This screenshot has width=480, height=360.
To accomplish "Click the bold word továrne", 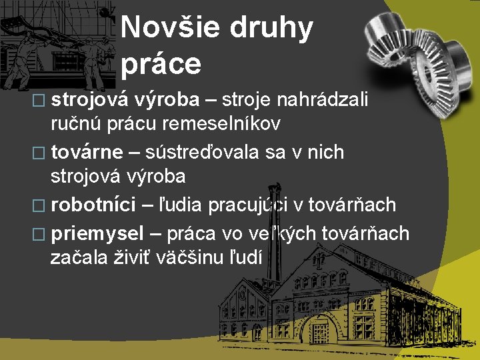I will [87, 152].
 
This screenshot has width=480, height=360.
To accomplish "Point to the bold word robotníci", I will [93, 204].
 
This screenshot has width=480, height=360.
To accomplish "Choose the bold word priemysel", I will [97, 233].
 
